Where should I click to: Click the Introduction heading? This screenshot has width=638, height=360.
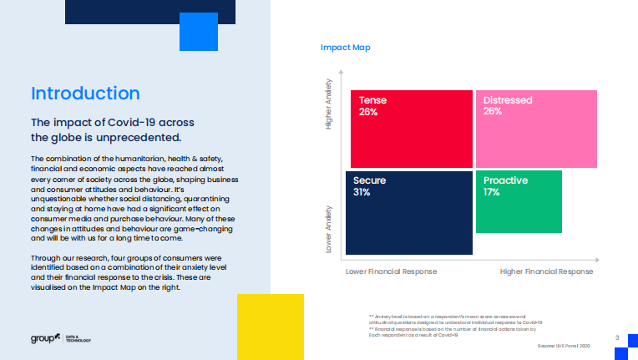point(85,93)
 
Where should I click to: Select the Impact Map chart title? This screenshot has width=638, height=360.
point(345,48)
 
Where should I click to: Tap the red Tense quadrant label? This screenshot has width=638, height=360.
point(372,100)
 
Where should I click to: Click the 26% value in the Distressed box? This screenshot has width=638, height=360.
point(493,111)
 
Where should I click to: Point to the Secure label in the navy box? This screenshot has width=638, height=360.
point(369,180)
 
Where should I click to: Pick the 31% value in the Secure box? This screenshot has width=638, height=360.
point(362,192)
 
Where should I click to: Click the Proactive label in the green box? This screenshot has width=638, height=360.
point(504,180)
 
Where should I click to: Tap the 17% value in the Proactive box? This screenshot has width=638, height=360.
point(491,192)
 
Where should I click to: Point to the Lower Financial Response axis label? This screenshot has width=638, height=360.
point(391,271)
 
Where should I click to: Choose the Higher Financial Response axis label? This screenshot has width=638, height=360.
point(546,271)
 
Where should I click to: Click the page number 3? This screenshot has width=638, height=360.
point(615,337)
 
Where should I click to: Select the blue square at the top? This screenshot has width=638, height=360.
point(199,32)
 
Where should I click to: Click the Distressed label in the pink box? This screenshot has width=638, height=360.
point(509,100)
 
